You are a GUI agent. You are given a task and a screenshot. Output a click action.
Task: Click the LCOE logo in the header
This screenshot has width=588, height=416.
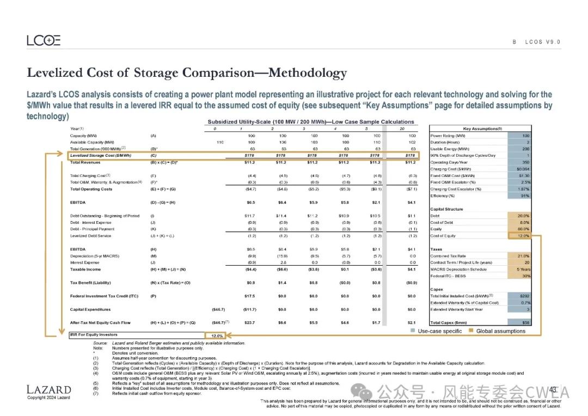44,40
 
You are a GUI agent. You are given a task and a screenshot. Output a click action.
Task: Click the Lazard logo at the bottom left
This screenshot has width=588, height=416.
48,389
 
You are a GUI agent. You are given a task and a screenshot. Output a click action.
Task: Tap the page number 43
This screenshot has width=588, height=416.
552,389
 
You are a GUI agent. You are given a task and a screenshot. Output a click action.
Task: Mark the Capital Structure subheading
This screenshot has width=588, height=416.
446,209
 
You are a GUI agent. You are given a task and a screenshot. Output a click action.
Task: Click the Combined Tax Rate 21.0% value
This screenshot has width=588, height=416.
522,256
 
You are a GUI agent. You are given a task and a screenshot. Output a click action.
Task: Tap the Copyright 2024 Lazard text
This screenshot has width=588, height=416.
48,397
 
